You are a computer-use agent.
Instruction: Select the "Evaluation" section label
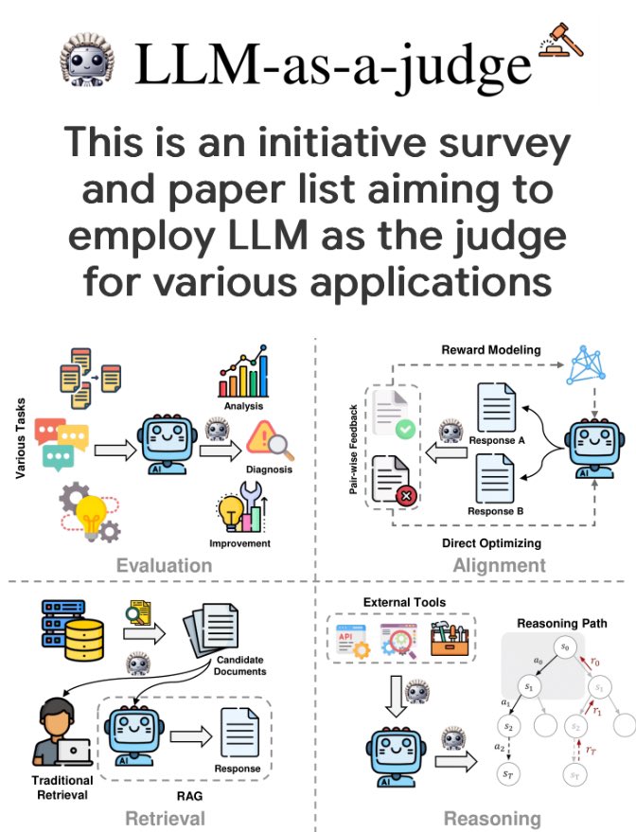164,566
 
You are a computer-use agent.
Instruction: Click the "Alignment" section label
499,566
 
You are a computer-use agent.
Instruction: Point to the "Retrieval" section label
166,818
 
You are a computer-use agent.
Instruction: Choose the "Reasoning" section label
492,819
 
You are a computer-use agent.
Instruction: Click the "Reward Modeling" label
491,350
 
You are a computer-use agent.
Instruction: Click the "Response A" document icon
495,406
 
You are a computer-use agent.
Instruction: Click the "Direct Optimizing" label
491,543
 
